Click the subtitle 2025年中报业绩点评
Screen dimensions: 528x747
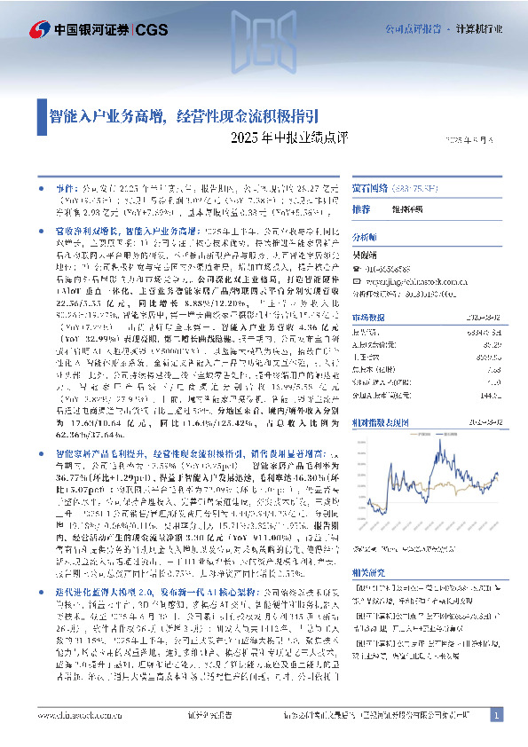coord(280,138)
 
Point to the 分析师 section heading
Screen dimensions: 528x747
coord(365,238)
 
